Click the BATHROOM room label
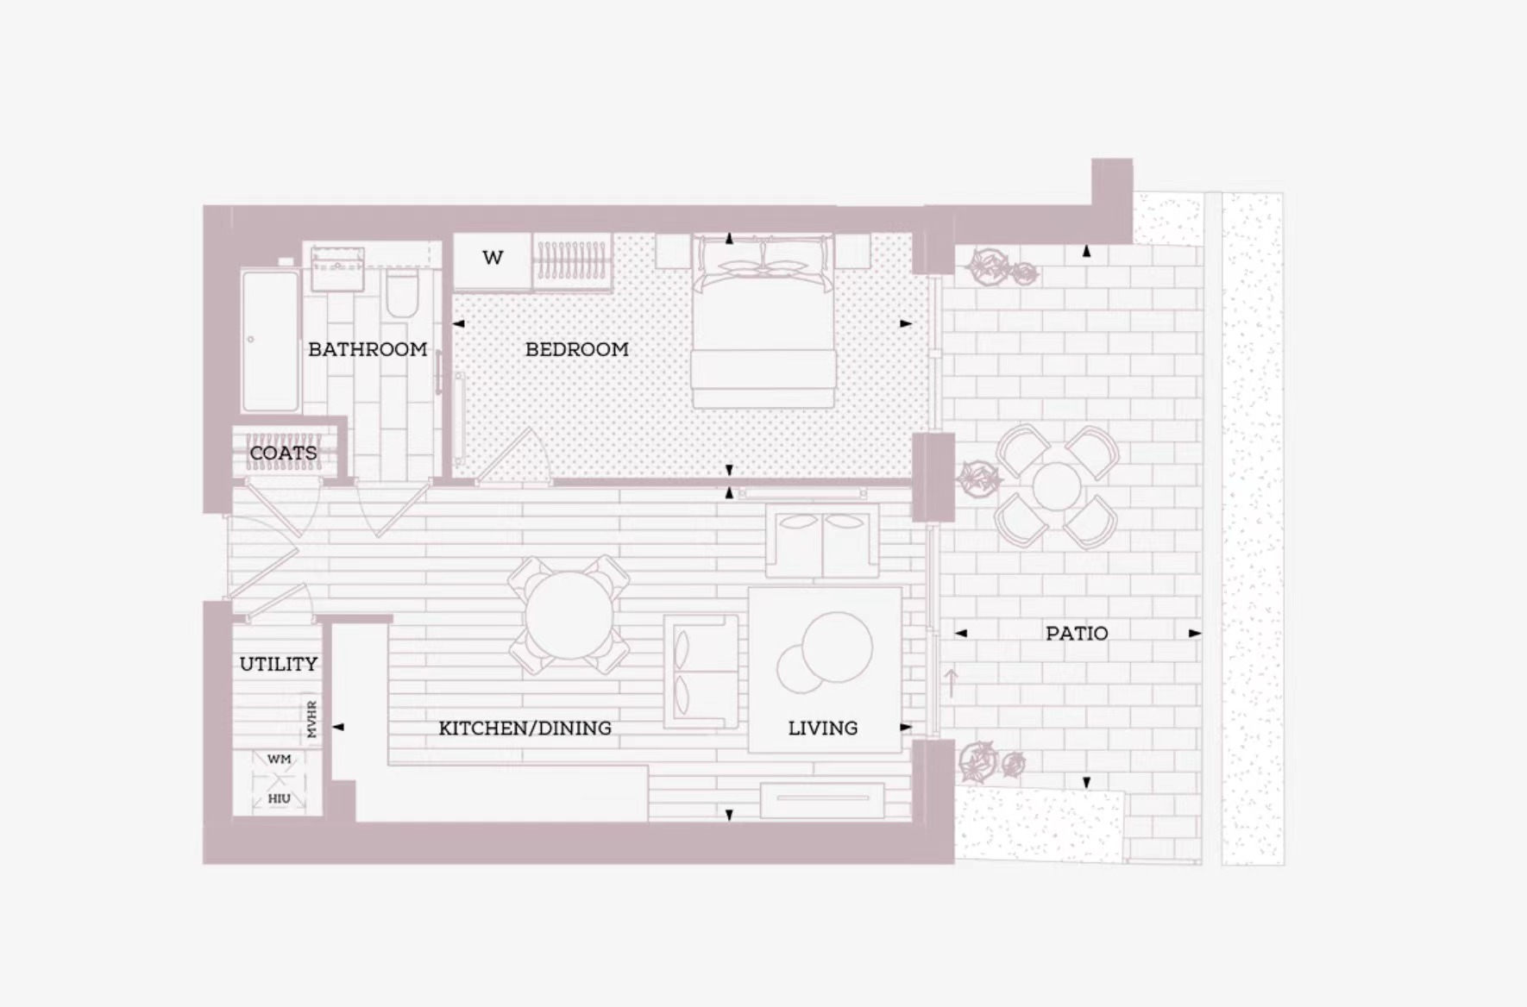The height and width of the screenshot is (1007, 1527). (x=368, y=349)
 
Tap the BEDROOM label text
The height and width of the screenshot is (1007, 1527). (x=577, y=349)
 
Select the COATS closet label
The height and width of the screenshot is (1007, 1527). (x=283, y=453)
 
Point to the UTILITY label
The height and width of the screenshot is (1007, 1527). (x=279, y=664)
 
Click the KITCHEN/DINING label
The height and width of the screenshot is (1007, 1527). (x=525, y=729)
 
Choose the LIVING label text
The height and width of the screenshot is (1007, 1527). (x=823, y=729)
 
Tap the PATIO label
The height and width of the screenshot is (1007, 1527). (x=1077, y=634)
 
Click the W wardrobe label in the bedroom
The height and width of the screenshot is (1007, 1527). (x=493, y=258)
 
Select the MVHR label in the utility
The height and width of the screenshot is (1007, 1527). (x=312, y=719)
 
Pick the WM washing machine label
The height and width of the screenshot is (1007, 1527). (x=280, y=760)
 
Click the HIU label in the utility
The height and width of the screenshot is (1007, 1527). (x=279, y=798)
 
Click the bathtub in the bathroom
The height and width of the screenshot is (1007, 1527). (x=270, y=341)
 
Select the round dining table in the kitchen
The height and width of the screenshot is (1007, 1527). (x=569, y=616)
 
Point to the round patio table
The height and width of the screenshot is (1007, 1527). (x=1055, y=487)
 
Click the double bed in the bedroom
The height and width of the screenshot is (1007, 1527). (x=763, y=321)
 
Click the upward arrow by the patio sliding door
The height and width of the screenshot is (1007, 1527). (x=952, y=683)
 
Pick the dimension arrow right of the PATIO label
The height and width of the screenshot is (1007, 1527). (x=1195, y=634)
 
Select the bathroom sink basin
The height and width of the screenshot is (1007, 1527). (x=337, y=269)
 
